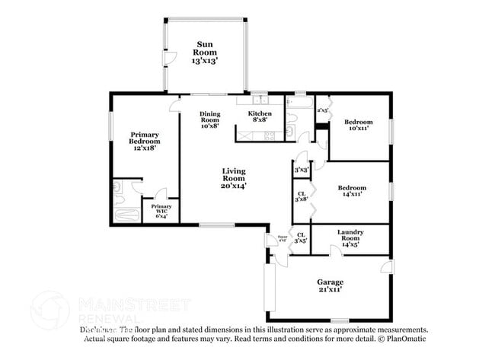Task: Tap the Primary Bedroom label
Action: click(x=145, y=141)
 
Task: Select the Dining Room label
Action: click(x=210, y=119)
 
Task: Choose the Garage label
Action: click(x=330, y=282)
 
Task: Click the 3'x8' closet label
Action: click(x=301, y=194)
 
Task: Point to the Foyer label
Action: click(x=283, y=238)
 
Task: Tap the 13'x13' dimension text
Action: click(x=205, y=59)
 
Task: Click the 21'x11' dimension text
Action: click(x=330, y=289)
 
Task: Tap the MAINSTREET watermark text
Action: click(x=134, y=304)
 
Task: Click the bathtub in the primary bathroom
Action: click(x=123, y=213)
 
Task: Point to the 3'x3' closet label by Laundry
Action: click(x=301, y=237)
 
